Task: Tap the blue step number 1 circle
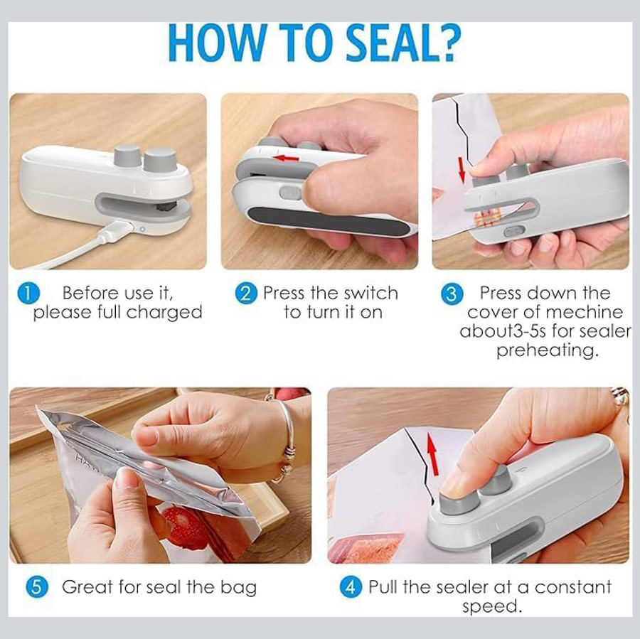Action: coord(28,294)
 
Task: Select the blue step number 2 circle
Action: coord(246,294)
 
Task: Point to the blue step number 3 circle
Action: coord(452,294)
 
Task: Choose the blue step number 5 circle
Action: coord(37,587)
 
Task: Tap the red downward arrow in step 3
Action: coord(462,169)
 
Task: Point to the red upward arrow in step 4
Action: coord(432,454)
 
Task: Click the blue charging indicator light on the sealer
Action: coord(142,229)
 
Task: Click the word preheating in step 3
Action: coord(547,350)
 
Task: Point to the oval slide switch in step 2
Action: coord(291,193)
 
